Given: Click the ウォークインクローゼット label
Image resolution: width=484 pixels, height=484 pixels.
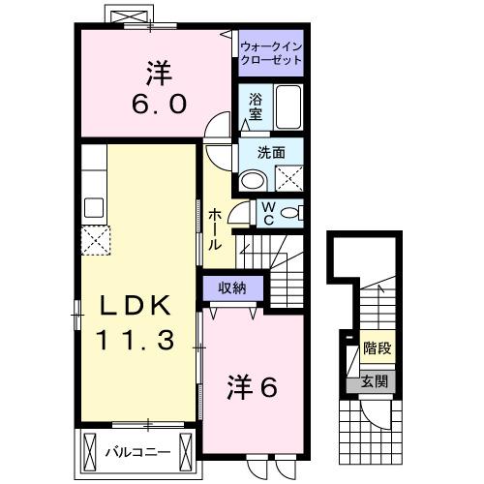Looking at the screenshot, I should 270,51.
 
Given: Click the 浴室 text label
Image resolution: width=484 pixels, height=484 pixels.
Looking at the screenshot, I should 256,106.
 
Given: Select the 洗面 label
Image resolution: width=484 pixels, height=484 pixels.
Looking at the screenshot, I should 270,152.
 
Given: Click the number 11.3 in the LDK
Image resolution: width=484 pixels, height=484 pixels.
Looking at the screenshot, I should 135,340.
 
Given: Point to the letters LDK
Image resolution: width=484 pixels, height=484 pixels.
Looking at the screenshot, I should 135,306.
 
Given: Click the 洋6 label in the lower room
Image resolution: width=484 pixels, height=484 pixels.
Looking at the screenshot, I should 252,387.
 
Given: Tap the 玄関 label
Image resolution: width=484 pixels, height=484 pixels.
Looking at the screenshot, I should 375,381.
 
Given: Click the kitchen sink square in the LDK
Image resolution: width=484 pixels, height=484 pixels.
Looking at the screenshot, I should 94,206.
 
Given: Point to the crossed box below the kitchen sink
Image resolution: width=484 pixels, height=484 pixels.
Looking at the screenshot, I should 96,237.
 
